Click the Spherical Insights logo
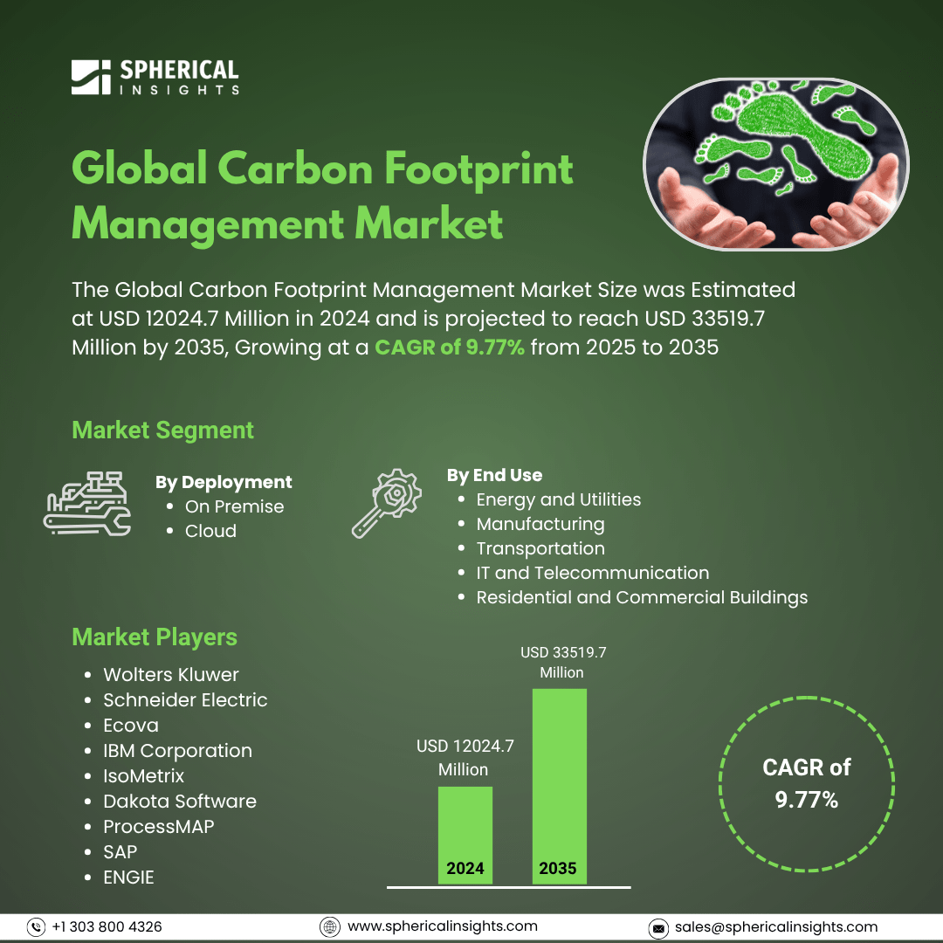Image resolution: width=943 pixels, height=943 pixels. (155, 77)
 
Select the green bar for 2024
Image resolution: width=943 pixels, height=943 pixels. (465, 835)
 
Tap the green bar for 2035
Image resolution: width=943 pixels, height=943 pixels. (560, 786)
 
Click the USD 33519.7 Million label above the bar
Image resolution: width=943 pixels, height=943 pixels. (563, 662)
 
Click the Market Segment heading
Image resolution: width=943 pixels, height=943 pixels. (162, 430)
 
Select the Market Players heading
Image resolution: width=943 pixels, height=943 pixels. (155, 637)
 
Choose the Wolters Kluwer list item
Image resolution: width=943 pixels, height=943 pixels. (171, 674)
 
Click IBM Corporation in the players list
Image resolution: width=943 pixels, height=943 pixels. (177, 751)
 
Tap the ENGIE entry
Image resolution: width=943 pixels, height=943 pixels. (128, 877)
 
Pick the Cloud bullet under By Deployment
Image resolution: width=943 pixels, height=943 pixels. (210, 531)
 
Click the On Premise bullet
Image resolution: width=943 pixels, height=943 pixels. (234, 506)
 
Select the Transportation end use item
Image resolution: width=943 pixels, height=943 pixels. (540, 548)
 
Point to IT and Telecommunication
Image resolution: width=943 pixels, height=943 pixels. (592, 573)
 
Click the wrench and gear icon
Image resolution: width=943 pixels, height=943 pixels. (386, 504)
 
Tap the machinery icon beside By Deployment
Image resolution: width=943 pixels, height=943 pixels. (87, 504)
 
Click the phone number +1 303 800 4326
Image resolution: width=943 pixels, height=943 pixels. (107, 926)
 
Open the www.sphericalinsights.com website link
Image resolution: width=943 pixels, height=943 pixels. (442, 926)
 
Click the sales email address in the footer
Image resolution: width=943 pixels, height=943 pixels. (776, 926)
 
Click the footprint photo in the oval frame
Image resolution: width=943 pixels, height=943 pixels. (776, 163)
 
